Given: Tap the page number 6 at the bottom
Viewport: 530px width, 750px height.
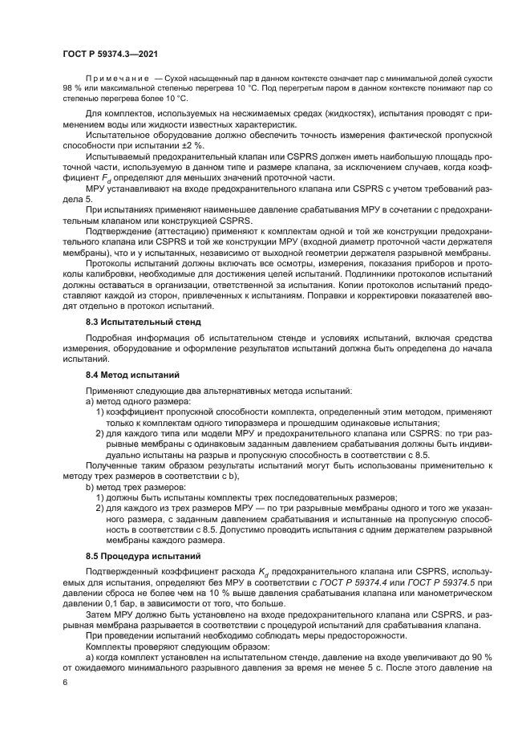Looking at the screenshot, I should [x=65, y=681].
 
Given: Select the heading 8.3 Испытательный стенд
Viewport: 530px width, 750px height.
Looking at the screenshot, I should [x=138, y=321].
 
